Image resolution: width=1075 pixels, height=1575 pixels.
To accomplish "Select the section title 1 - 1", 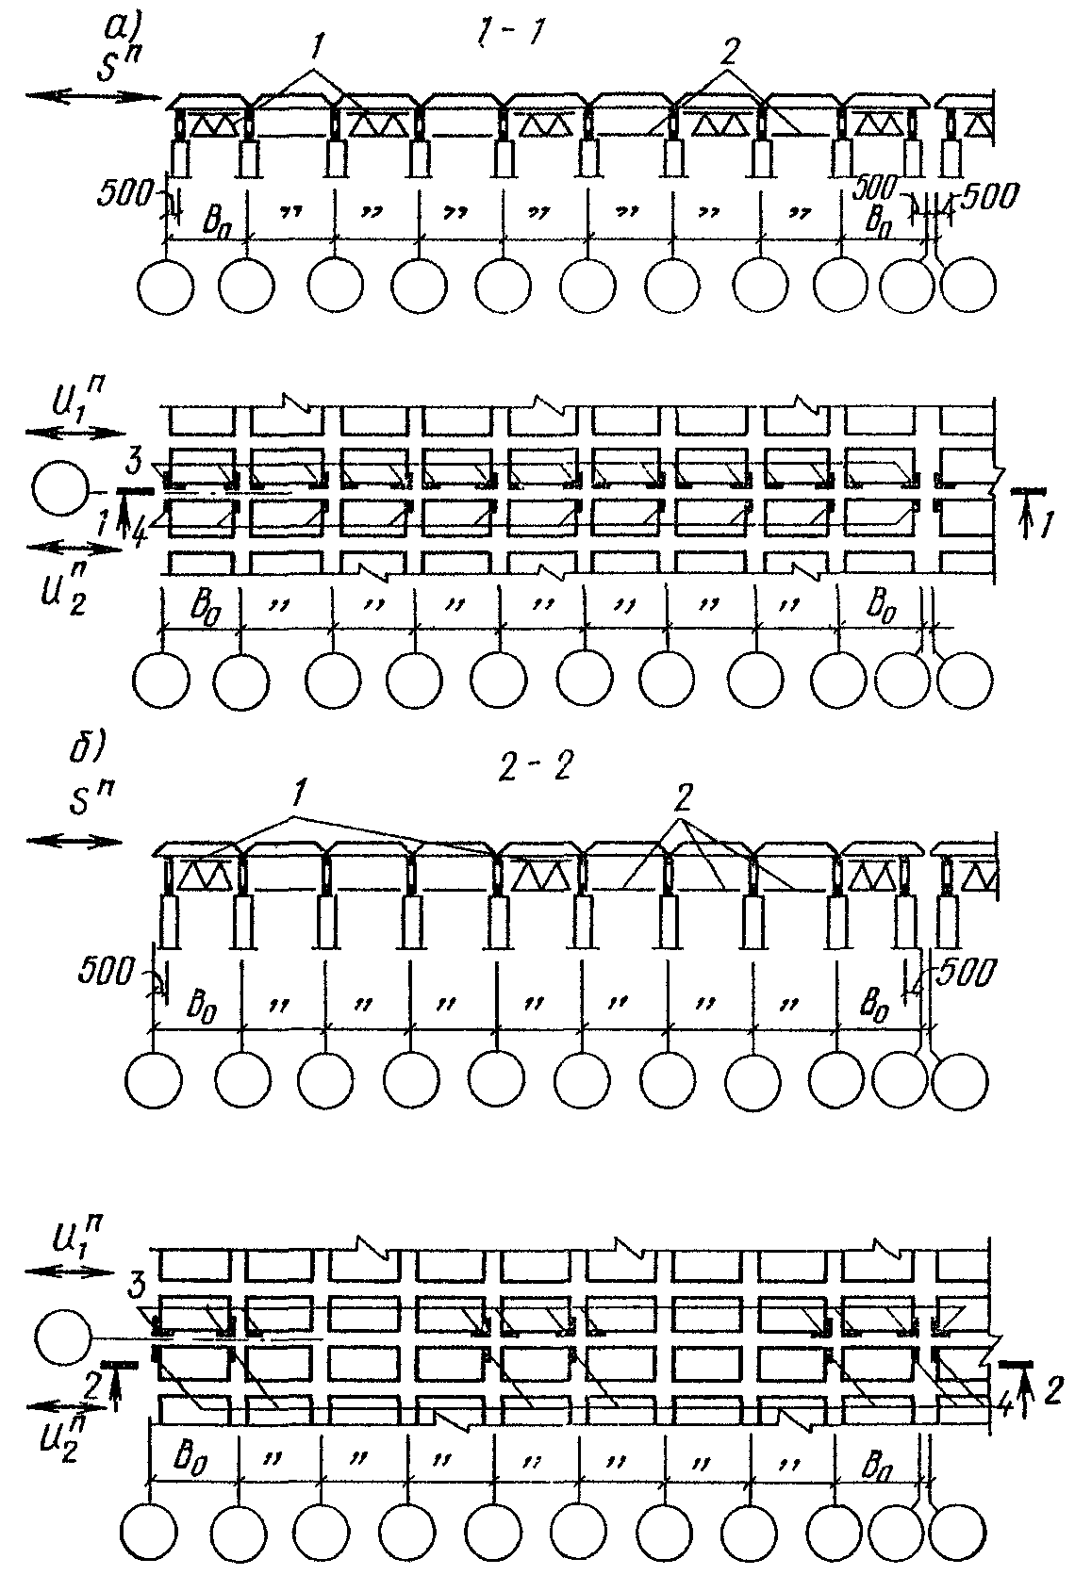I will click(x=510, y=35).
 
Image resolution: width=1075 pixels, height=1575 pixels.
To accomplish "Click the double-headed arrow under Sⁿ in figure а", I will click(x=94, y=95).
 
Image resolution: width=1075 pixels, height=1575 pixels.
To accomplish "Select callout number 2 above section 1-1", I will click(x=726, y=55).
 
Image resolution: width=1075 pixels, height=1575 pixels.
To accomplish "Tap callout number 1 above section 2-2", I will click(x=300, y=799).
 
